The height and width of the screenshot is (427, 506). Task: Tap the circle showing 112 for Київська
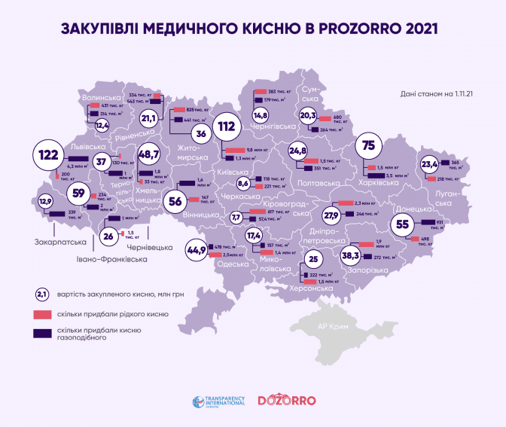(226, 127)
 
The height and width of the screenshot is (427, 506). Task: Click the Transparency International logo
(219, 401)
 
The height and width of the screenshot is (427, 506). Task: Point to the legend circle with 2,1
(42, 294)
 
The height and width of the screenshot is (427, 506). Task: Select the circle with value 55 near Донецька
(403, 223)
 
